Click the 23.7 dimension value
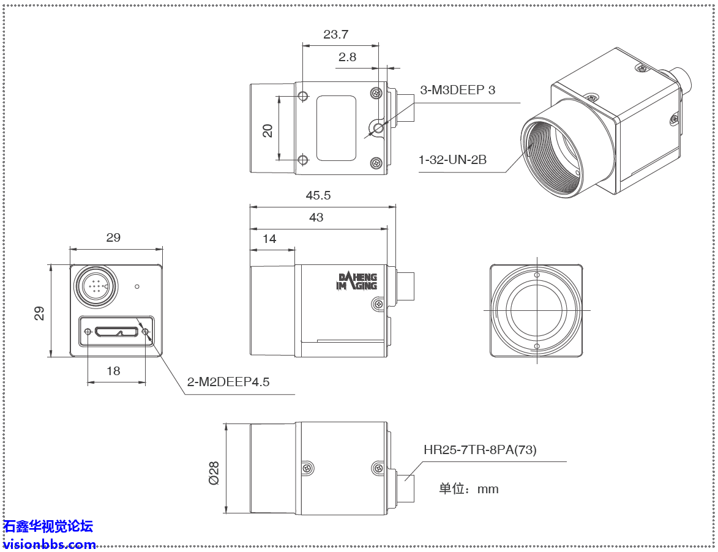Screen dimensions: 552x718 click(x=336, y=35)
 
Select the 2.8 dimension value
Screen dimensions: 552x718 click(x=347, y=57)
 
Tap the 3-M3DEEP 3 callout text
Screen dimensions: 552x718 click(x=458, y=90)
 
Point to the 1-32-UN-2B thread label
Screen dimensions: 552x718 click(x=452, y=160)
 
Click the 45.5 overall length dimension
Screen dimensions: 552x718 click(x=318, y=195)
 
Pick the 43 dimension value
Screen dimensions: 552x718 click(x=316, y=217)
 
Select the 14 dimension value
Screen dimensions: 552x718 click(x=269, y=239)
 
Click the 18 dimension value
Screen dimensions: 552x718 click(x=113, y=371)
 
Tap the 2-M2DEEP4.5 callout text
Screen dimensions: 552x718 click(x=228, y=382)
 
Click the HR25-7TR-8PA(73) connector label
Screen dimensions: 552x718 click(x=480, y=450)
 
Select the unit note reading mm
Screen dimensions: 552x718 click(x=469, y=489)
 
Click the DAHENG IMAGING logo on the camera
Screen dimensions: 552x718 click(x=357, y=282)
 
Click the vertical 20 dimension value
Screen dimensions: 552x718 click(x=267, y=130)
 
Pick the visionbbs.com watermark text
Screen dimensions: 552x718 click(x=50, y=544)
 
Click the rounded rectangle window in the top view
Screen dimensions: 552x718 click(x=336, y=129)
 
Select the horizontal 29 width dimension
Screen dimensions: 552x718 click(x=113, y=237)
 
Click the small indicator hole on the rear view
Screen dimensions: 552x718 click(x=138, y=286)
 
